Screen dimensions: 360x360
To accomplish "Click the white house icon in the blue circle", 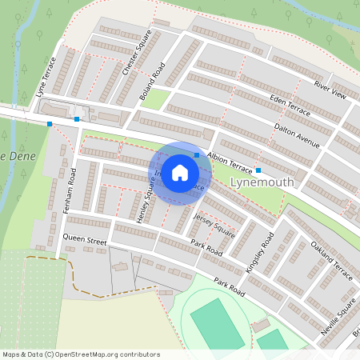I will point(180,172).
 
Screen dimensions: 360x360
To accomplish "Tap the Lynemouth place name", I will point(262,183).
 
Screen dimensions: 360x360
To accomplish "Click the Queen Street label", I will point(85,239).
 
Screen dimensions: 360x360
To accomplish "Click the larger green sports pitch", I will point(217,323).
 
